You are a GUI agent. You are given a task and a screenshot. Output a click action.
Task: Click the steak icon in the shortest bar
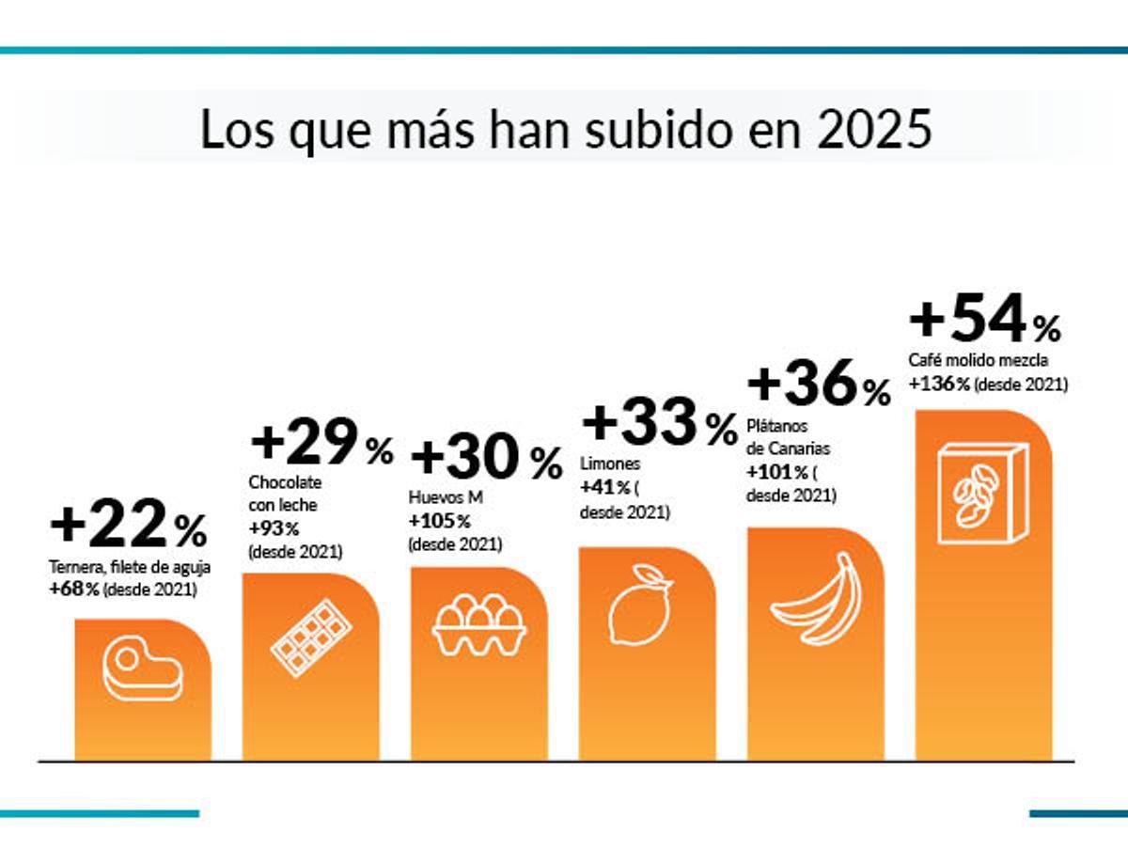pyautogui.click(x=142, y=668)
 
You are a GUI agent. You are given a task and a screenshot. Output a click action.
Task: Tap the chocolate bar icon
pyautogui.click(x=310, y=639)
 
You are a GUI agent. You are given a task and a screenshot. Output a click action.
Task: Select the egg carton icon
pyautogui.click(x=479, y=627)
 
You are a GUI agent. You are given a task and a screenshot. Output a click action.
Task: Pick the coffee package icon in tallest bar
pyautogui.click(x=982, y=495)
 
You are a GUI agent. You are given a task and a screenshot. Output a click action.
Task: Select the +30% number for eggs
pyautogui.click(x=485, y=458)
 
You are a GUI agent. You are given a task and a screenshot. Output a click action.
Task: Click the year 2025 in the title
pyautogui.click(x=875, y=130)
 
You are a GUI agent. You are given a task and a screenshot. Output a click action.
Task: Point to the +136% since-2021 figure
pyautogui.click(x=940, y=384)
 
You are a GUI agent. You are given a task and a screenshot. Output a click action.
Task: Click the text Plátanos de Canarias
pyautogui.click(x=788, y=439)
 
